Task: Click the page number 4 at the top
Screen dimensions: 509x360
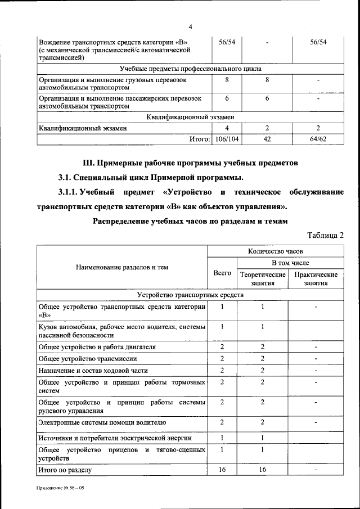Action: [190, 27]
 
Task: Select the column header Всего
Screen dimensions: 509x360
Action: [223, 273]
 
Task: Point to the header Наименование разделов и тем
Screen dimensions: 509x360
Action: [122, 267]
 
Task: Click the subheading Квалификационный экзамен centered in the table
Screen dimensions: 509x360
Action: [190, 117]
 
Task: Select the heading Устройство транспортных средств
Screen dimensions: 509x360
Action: [190, 295]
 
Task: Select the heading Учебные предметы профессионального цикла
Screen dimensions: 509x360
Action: [190, 69]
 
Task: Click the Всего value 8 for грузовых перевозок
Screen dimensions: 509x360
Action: [227, 80]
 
